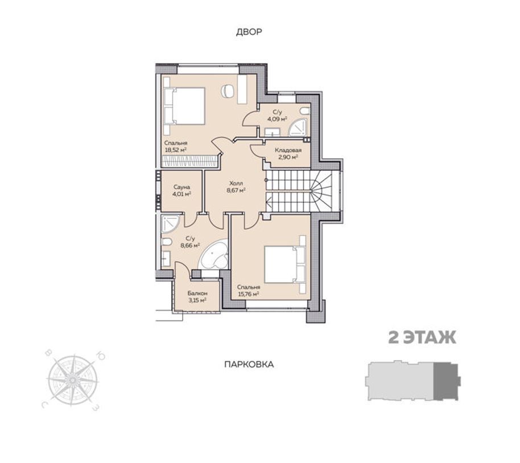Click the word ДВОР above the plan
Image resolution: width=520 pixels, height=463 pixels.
(x=249, y=32)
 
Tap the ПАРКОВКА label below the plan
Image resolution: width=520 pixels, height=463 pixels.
(x=249, y=365)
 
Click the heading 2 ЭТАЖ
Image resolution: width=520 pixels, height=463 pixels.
(x=422, y=338)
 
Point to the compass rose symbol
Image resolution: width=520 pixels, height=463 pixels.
(x=72, y=380)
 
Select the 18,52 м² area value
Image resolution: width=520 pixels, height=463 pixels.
(x=176, y=150)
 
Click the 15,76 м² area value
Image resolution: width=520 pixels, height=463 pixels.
(x=249, y=294)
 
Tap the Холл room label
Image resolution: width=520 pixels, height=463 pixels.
(x=236, y=183)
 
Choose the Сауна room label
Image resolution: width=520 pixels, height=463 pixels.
(x=181, y=187)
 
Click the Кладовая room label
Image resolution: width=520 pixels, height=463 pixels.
(x=288, y=150)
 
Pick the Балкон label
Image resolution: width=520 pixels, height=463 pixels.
(x=197, y=293)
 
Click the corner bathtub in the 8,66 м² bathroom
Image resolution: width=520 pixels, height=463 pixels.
(x=213, y=255)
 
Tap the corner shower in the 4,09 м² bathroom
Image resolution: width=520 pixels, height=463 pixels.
(x=298, y=127)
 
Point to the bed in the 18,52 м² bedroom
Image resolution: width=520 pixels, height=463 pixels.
(x=184, y=106)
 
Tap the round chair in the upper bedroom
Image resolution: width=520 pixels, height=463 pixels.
(x=228, y=90)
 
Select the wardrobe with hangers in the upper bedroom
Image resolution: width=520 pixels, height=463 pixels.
(x=189, y=161)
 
